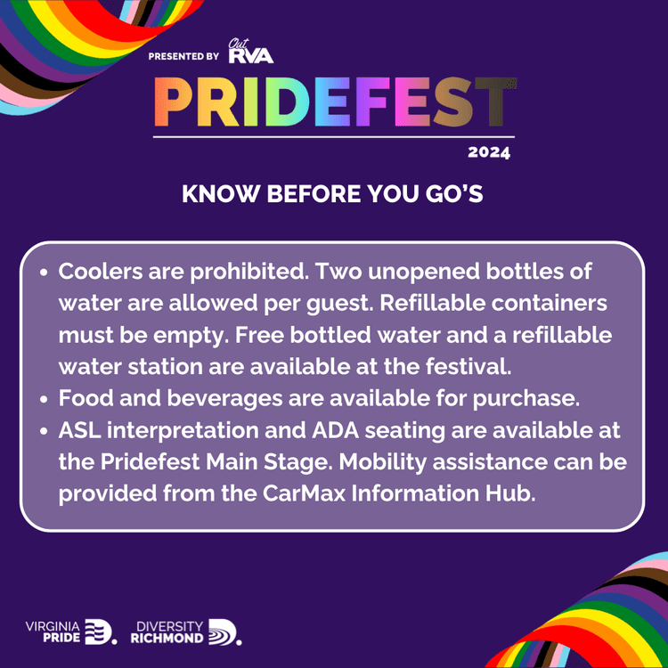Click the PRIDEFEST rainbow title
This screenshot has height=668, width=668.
(x=333, y=102)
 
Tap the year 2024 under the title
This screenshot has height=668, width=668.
(x=489, y=152)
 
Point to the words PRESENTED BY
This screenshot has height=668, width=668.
(x=183, y=56)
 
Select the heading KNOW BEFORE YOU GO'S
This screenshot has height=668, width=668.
(x=332, y=194)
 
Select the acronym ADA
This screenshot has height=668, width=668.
(x=334, y=431)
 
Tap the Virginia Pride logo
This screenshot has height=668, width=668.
(x=70, y=631)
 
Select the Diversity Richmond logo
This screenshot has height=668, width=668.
(x=185, y=631)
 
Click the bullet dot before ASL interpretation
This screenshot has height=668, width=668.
(x=45, y=432)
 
